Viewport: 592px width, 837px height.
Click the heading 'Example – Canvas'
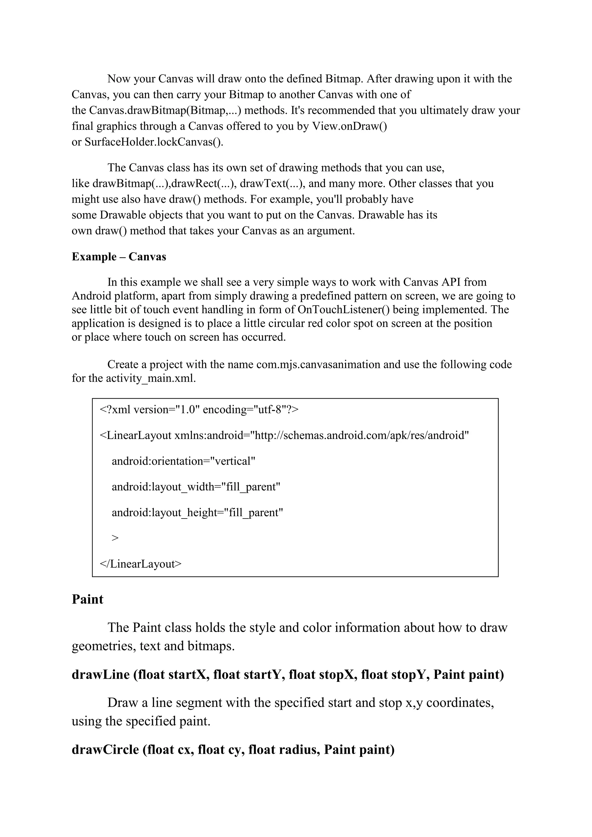(119, 257)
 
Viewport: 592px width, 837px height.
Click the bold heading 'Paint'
(88, 599)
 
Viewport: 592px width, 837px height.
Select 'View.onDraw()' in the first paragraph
(349, 126)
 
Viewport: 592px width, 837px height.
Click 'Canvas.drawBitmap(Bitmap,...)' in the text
(165, 110)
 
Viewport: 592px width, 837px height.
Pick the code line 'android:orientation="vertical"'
(183, 461)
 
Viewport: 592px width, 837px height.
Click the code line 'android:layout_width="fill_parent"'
(196, 487)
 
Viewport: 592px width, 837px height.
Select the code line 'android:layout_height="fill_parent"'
(197, 512)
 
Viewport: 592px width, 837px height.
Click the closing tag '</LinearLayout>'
(140, 564)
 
